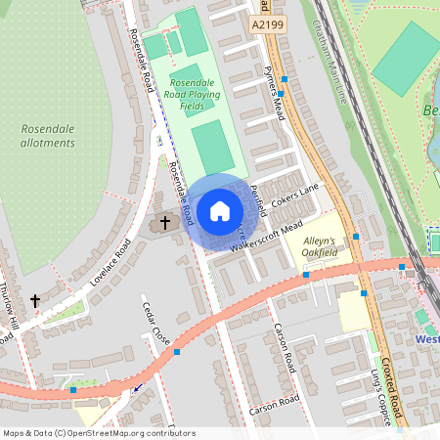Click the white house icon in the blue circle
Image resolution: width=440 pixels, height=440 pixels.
pyautogui.click(x=220, y=209)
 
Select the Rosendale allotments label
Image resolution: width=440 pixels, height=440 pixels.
pyautogui.click(x=48, y=136)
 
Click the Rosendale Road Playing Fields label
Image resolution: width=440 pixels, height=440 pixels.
pyautogui.click(x=195, y=94)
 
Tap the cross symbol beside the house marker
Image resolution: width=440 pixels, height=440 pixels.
pyautogui.click(x=164, y=223)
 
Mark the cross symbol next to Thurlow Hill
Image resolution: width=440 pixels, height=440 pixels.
pyautogui.click(x=35, y=301)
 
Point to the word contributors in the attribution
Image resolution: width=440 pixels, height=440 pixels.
pyautogui.click(x=167, y=432)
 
